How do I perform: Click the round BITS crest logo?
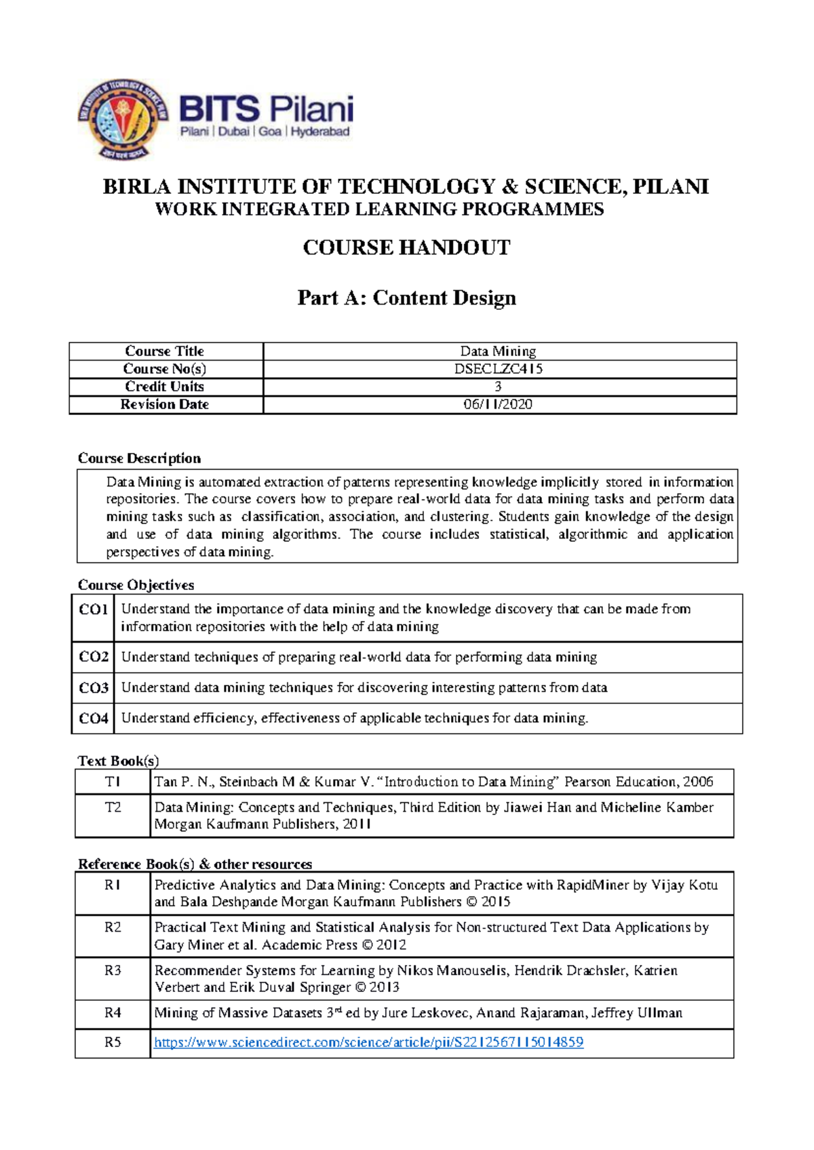(x=123, y=119)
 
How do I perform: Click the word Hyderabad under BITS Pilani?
(x=320, y=132)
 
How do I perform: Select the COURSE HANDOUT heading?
(x=406, y=247)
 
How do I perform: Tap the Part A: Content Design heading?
(x=406, y=298)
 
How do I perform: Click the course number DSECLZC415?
(x=499, y=369)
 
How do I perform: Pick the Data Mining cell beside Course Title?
(x=499, y=351)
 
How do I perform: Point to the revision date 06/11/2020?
(x=499, y=404)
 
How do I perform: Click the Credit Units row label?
(x=165, y=386)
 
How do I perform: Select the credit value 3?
(x=498, y=386)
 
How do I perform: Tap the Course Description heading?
(x=139, y=458)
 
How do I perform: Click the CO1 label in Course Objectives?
(x=94, y=610)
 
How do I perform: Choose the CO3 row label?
(x=94, y=688)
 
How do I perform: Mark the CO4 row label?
(x=94, y=719)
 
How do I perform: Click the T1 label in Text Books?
(x=113, y=782)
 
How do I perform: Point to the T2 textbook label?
(x=113, y=808)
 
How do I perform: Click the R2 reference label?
(x=113, y=928)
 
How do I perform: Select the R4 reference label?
(x=113, y=1013)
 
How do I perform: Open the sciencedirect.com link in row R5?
(x=368, y=1042)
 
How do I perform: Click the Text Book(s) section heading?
(x=118, y=761)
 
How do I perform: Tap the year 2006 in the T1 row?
(x=698, y=782)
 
